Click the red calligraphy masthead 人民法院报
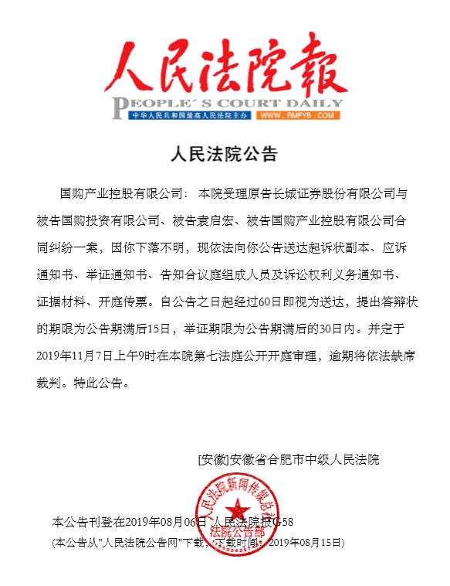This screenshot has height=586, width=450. [224, 66]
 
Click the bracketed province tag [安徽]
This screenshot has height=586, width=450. [213, 458]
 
